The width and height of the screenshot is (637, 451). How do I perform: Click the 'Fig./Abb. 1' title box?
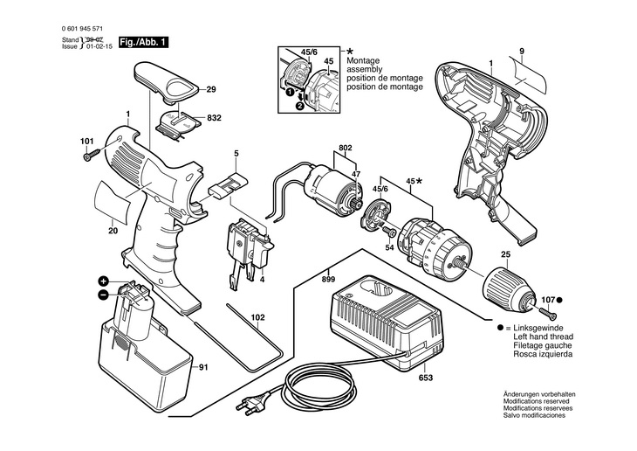click(143, 42)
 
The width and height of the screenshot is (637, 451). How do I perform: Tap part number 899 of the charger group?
click(328, 279)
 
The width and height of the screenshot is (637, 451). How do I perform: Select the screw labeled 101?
click(92, 155)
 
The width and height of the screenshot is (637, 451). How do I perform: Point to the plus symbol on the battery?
click(104, 281)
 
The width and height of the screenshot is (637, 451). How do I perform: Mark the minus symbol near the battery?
click(103, 295)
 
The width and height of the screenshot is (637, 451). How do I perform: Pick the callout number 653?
click(425, 378)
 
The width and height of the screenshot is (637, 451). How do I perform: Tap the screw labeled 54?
click(389, 232)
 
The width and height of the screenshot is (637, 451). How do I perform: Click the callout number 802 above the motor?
click(345, 149)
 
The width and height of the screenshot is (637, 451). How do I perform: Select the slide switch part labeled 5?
click(229, 185)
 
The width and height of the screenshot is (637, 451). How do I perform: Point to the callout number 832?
click(214, 118)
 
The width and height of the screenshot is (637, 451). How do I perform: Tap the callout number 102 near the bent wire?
click(257, 318)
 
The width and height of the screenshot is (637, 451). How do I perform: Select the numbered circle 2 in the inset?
click(299, 107)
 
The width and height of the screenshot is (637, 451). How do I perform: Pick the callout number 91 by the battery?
click(203, 368)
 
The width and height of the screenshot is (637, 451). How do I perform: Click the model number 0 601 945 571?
click(82, 29)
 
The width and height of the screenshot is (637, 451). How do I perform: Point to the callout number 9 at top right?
click(522, 52)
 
